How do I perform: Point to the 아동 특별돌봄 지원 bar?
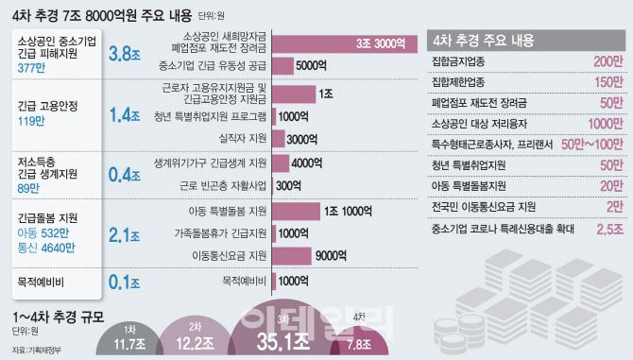[297, 210]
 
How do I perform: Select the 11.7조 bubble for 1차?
[129, 341]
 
